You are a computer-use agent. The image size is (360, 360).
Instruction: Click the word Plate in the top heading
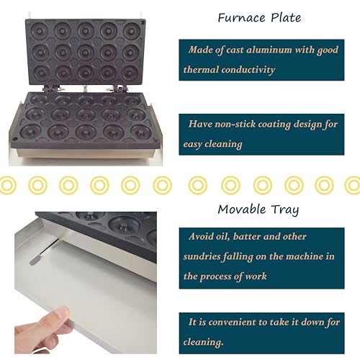point(286,17)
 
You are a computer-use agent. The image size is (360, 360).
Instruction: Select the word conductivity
point(248,70)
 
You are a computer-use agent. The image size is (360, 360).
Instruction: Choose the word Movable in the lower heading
point(242,210)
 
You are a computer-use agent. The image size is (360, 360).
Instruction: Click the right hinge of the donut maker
point(117,88)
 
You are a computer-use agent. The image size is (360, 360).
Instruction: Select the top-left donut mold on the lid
point(40,31)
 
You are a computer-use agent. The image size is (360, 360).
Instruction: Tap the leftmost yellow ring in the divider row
point(6,185)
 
